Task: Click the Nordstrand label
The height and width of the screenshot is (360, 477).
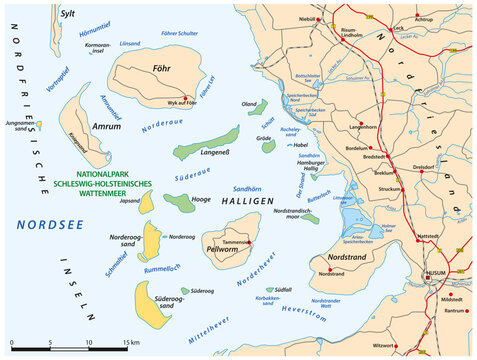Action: (x=338, y=260)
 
